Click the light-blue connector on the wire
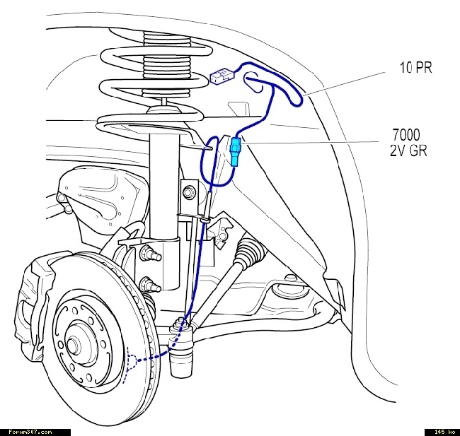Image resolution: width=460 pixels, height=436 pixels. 235,151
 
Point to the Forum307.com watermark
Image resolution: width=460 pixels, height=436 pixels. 30,431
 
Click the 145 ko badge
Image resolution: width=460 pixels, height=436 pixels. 442,431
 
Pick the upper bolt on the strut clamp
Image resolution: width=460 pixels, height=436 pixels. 149,252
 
